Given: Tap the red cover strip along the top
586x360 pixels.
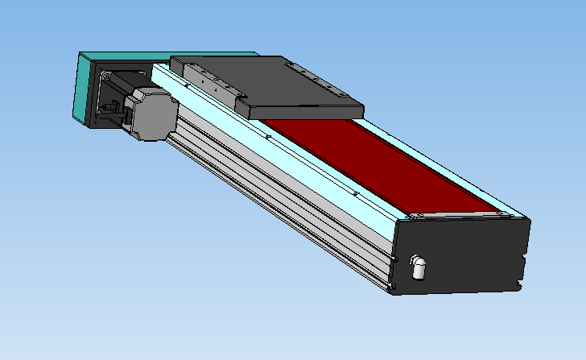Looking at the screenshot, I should click(370, 165).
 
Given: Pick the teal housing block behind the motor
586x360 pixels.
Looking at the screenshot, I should click(84, 89).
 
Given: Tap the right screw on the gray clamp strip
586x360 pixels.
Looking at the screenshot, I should click(506, 214).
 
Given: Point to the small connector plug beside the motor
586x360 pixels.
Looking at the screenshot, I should click(113, 110).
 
